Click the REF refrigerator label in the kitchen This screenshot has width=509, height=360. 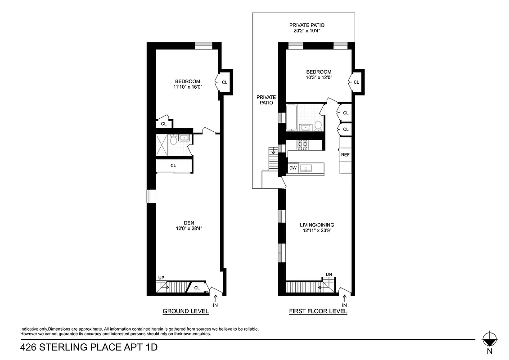coord(345,155)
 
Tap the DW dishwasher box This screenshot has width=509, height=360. coord(293,168)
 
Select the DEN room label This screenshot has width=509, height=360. coord(189,223)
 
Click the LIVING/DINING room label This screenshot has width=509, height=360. coord(317,225)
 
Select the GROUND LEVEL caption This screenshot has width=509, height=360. coord(185,311)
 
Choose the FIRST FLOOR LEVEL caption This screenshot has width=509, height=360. coord(318,311)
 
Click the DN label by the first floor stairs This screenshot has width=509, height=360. coord(329,274)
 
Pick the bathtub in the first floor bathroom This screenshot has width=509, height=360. coord(291,117)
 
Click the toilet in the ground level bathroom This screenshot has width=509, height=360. coord(173,140)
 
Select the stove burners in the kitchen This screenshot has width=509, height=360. coord(302,145)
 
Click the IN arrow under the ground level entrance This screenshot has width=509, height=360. coord(215,299)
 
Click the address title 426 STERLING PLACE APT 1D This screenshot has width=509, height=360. coord(89,347)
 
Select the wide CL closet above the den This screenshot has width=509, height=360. coord(174,166)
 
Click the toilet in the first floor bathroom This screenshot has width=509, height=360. coord(318,125)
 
